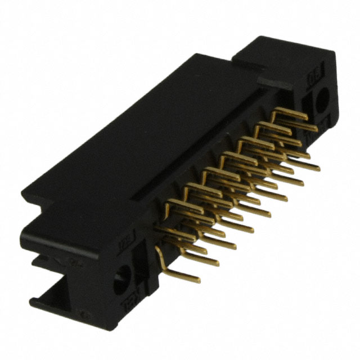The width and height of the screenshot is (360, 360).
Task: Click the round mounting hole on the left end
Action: coord(120,280)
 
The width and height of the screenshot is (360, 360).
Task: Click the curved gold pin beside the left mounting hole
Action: coord(160,256)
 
